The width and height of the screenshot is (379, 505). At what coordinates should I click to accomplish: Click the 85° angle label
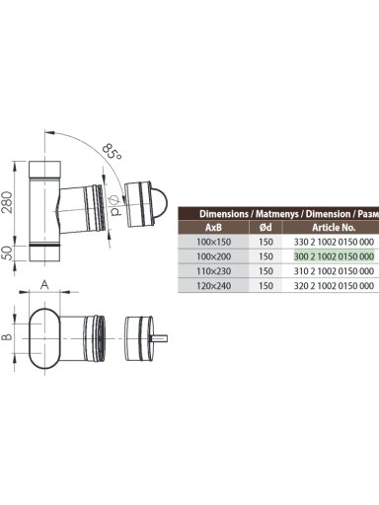click(x=112, y=152)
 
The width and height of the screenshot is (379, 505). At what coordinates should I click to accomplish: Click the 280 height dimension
click(x=8, y=202)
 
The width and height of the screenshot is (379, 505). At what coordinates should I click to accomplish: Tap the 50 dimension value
click(x=8, y=252)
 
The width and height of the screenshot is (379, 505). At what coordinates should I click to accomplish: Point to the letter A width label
click(x=44, y=285)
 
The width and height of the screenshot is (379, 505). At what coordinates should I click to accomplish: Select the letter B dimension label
click(x=8, y=336)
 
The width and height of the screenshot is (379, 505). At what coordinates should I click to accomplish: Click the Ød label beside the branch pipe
click(x=114, y=205)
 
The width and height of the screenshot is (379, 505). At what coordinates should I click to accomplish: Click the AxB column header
click(x=213, y=227)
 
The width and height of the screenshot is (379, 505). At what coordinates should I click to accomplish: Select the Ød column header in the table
click(x=265, y=227)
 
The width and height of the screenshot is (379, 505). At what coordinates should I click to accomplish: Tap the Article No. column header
click(x=334, y=227)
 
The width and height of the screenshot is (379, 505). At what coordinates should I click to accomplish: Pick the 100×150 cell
click(x=213, y=242)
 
